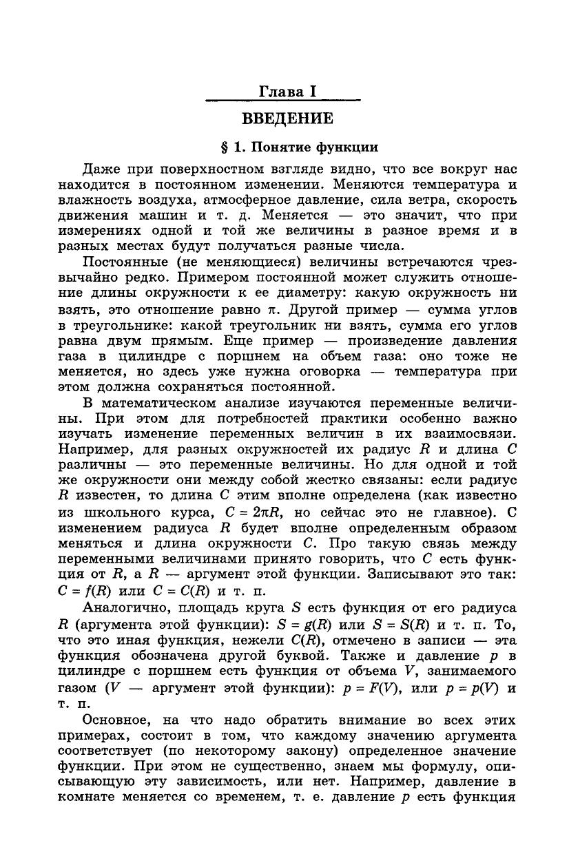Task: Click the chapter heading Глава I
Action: coord(283,92)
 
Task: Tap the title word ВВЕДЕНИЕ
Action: coord(287,118)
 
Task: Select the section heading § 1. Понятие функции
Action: coord(299,147)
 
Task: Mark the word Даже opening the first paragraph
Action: coord(101,169)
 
